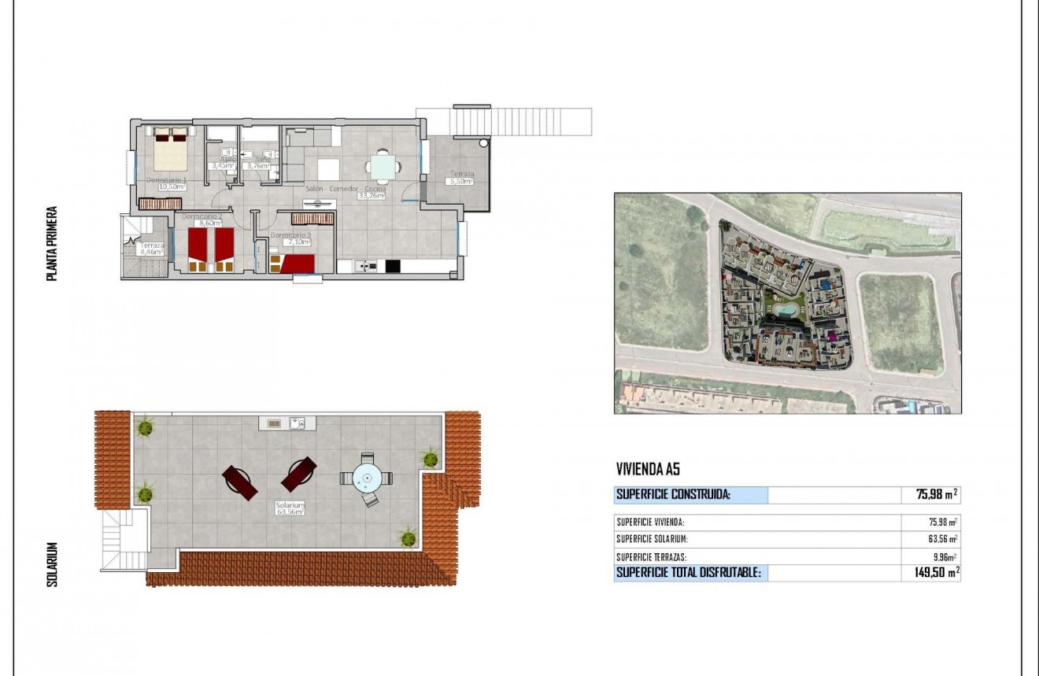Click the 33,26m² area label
[x=371, y=196]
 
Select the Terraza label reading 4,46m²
[x=152, y=249]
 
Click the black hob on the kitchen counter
[x=392, y=266]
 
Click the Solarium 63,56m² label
[x=290, y=508]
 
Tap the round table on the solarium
[x=367, y=477]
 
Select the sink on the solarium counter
[x=298, y=423]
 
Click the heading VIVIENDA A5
[x=648, y=470]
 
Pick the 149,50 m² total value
[x=930, y=573]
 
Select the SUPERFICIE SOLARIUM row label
[x=653, y=539]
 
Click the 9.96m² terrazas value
[x=944, y=556]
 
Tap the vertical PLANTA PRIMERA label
[x=52, y=244]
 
